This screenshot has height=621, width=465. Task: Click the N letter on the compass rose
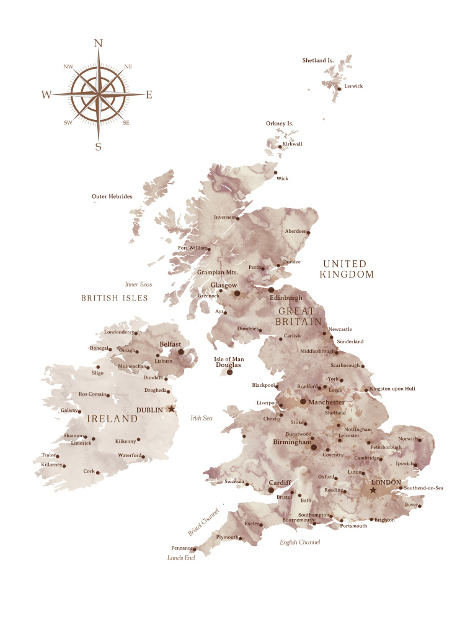click(x=98, y=43)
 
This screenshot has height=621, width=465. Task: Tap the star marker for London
click(x=373, y=490)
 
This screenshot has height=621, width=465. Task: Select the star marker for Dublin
click(x=172, y=409)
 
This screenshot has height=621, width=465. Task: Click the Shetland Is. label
click(x=318, y=60)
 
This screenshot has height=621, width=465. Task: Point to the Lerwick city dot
click(x=339, y=89)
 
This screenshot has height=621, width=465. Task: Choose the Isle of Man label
click(x=229, y=359)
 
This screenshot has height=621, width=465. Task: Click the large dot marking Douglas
click(x=229, y=372)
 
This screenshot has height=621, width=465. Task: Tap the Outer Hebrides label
click(x=112, y=196)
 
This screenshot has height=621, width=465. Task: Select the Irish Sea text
click(x=201, y=418)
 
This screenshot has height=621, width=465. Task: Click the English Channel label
click(x=300, y=542)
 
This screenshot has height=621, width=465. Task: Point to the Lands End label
click(x=181, y=558)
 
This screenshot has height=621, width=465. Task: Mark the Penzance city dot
click(x=194, y=549)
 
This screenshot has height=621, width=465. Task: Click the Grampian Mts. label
click(x=218, y=272)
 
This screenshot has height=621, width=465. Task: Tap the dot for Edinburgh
click(x=271, y=290)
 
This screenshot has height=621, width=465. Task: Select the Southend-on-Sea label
click(x=424, y=487)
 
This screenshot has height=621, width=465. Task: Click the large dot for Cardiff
click(x=271, y=490)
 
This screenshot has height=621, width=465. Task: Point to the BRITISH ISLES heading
click(x=115, y=298)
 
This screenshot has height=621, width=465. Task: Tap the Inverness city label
click(x=226, y=217)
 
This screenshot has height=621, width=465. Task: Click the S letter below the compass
click(x=98, y=147)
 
